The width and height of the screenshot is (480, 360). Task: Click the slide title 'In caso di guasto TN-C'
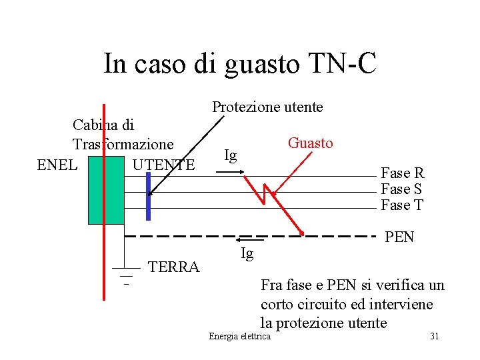pyautogui.click(x=240, y=64)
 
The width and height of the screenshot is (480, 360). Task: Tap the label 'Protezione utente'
pyautogui.click(x=267, y=107)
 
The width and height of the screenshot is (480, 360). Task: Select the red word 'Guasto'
pyautogui.click(x=310, y=143)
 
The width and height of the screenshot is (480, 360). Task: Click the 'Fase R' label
pyautogui.click(x=402, y=173)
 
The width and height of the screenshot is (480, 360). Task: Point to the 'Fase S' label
pyautogui.click(x=401, y=189)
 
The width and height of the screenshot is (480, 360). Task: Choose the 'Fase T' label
pyautogui.click(x=402, y=205)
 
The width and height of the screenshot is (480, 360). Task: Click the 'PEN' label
pyautogui.click(x=400, y=237)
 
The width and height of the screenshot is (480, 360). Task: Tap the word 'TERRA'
pyautogui.click(x=174, y=267)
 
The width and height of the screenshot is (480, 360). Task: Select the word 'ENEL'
pyautogui.click(x=57, y=164)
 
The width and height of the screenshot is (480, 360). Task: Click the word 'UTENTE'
pyautogui.click(x=163, y=164)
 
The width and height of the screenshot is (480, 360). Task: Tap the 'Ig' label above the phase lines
pyautogui.click(x=231, y=155)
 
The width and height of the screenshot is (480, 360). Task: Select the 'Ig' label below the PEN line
pyautogui.click(x=247, y=253)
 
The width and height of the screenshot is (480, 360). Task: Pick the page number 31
pyautogui.click(x=434, y=336)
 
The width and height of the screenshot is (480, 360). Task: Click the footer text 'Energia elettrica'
pyautogui.click(x=240, y=336)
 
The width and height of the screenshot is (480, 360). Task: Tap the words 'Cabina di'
pyautogui.click(x=103, y=125)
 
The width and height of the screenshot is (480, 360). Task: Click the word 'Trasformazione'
pyautogui.click(x=123, y=144)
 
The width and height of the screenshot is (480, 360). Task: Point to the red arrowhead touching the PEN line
pyautogui.click(x=302, y=233)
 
